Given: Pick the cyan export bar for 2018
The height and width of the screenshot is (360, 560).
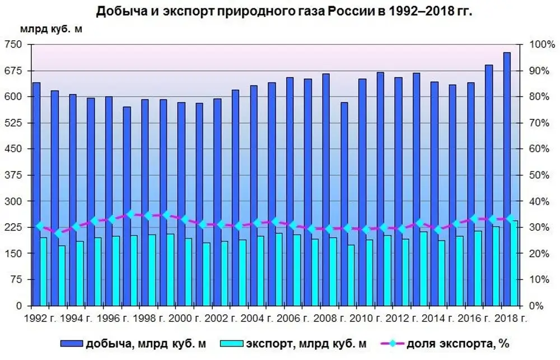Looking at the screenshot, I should (514, 263).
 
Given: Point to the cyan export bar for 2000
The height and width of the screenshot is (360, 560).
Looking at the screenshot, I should (188, 272).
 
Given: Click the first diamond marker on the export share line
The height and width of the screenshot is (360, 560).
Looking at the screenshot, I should (40, 226).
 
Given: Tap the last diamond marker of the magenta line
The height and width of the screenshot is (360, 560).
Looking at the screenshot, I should (510, 218).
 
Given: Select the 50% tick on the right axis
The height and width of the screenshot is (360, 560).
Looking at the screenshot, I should (538, 175).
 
